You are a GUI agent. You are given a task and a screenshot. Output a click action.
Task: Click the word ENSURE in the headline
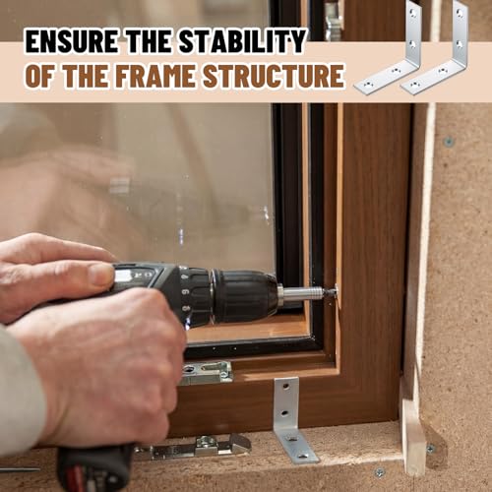pos(71,41)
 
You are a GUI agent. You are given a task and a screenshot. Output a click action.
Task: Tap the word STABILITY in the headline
pos(242,41)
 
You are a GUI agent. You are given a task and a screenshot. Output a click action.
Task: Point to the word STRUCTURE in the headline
pos(274,76)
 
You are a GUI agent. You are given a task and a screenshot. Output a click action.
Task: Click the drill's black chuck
pos(244,296)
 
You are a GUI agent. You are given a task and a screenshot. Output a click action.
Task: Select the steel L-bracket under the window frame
pos(293,423)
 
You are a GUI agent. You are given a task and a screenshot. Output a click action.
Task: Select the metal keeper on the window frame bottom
pos(207,372)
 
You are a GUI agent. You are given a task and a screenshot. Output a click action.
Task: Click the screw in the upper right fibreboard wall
pos(449,142)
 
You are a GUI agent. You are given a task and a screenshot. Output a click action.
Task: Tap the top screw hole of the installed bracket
pos(286,387)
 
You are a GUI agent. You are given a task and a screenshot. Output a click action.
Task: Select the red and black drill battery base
pos(95,469)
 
